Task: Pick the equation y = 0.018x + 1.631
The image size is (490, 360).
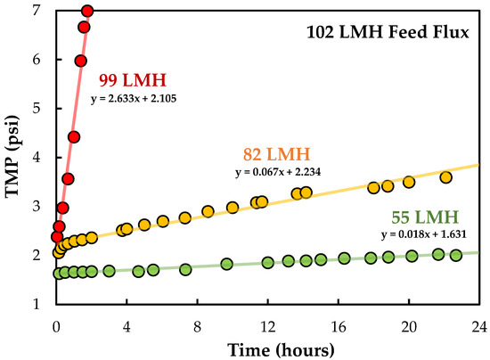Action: click(421, 235)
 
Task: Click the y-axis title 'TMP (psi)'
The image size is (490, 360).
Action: click(16, 157)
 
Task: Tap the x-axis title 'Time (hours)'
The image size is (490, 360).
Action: click(268, 347)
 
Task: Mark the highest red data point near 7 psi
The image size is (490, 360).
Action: click(87, 12)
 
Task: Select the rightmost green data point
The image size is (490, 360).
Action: click(456, 255)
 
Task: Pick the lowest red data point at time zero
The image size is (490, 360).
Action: click(57, 236)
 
